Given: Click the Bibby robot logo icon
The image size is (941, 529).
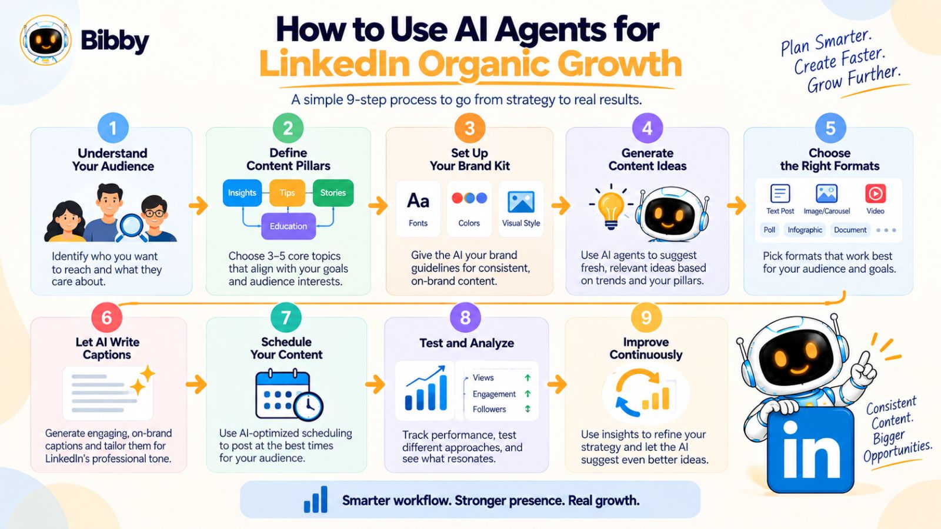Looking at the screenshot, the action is pyautogui.click(x=45, y=41).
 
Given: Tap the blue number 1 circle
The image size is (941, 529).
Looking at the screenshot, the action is pyautogui.click(x=112, y=128).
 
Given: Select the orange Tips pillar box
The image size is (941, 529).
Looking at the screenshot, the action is pyautogui.click(x=288, y=193).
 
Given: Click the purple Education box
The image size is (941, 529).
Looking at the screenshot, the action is pyautogui.click(x=288, y=226).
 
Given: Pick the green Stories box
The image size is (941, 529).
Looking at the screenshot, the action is pyautogui.click(x=333, y=193).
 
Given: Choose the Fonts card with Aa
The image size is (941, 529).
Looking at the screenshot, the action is pyautogui.click(x=418, y=209).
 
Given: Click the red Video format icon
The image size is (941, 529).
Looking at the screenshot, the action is pyautogui.click(x=876, y=193).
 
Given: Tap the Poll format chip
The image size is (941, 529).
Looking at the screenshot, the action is pyautogui.click(x=770, y=230).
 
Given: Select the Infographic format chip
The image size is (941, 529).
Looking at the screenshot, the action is pyautogui.click(x=805, y=230).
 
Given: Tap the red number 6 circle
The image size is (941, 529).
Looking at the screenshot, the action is pyautogui.click(x=106, y=318).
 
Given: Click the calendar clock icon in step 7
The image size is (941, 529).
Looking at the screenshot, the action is pyautogui.click(x=289, y=394).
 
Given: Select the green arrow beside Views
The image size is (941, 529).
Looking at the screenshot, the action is pyautogui.click(x=528, y=378).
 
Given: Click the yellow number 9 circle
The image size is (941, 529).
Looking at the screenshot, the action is pyautogui.click(x=646, y=318).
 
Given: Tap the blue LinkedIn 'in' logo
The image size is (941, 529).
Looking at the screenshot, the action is pyautogui.click(x=811, y=450).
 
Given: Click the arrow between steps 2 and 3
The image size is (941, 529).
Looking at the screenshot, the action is pyautogui.click(x=378, y=206).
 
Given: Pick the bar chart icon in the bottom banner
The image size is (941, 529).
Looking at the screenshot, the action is pyautogui.click(x=316, y=500).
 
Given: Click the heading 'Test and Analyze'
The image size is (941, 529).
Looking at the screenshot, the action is pyautogui.click(x=467, y=343).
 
